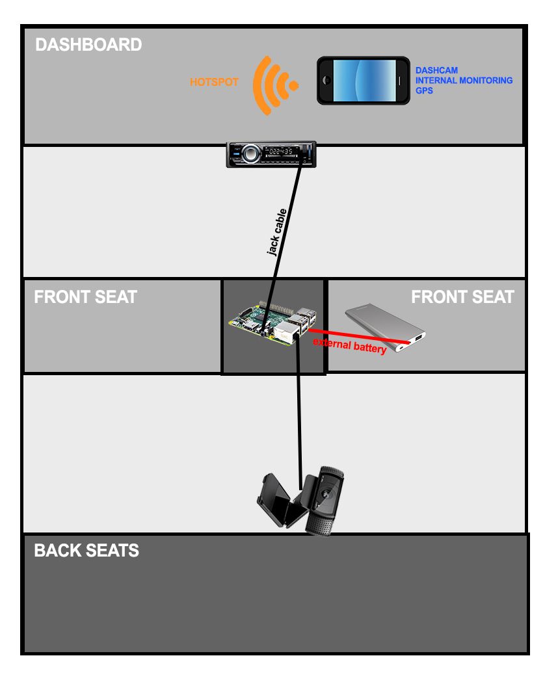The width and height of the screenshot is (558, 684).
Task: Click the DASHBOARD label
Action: point(88,45)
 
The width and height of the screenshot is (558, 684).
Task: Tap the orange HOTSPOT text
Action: point(214,82)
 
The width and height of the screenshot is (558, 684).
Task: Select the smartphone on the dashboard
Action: point(364,81)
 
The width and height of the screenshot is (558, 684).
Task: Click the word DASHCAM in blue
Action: point(436,70)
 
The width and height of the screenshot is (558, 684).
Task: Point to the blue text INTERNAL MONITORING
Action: point(464,80)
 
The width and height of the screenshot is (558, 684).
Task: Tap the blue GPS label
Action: point(424,90)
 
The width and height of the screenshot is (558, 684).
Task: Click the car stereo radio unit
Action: point(271,155)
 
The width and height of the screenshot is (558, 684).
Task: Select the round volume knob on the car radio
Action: point(250,153)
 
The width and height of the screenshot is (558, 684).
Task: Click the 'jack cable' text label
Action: point(276,232)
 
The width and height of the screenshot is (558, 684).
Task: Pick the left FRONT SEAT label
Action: point(85,297)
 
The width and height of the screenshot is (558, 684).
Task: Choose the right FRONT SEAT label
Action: point(462,297)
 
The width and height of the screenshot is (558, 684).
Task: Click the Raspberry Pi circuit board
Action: point(272,323)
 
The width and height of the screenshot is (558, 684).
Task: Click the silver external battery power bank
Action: point(385,327)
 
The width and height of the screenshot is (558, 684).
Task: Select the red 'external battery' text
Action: point(349,345)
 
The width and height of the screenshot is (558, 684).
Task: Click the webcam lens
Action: point(326,494)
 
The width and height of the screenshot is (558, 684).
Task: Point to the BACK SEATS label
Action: point(86,551)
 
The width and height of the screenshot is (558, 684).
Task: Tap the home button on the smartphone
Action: point(325,81)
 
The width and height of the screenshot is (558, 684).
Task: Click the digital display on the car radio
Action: point(281,151)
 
